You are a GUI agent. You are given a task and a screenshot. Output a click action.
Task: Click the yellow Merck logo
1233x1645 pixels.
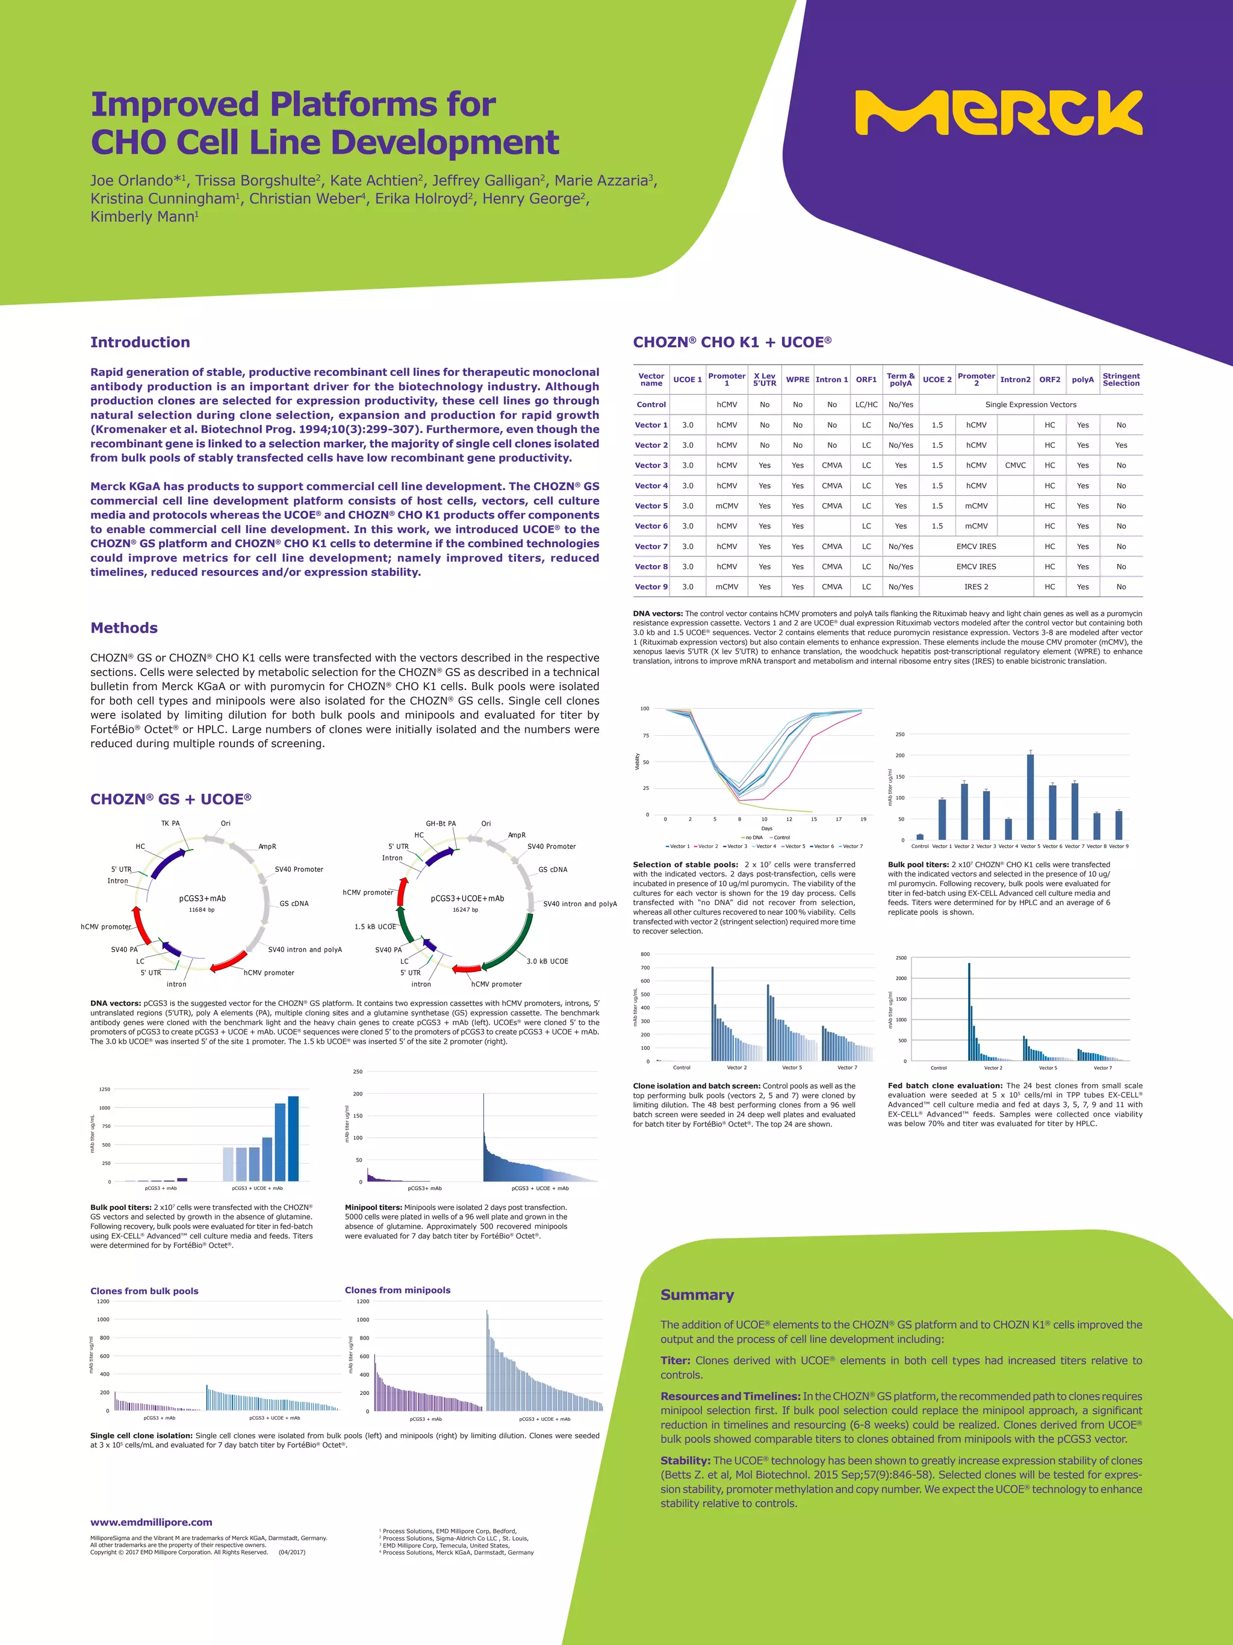(998, 113)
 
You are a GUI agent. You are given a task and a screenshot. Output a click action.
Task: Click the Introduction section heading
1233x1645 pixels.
(140, 342)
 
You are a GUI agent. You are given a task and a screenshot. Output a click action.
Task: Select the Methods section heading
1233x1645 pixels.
(123, 628)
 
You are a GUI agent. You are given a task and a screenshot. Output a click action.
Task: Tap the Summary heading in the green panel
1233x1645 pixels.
(697, 1295)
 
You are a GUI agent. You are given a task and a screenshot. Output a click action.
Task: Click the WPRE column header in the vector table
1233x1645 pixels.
(798, 379)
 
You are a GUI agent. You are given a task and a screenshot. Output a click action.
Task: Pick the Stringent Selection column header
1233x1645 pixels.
(1121, 379)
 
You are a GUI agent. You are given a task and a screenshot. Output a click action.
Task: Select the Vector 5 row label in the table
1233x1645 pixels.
(650, 506)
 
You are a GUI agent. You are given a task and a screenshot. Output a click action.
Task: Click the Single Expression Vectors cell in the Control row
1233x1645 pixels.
(1030, 404)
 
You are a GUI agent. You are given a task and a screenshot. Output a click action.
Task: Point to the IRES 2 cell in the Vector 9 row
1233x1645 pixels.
(976, 587)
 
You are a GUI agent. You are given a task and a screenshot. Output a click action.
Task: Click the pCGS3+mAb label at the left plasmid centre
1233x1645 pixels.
(202, 898)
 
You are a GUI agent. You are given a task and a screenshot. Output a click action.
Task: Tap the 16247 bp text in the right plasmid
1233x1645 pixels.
(465, 909)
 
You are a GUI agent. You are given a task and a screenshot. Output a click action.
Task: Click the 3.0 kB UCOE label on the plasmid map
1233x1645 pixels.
(547, 961)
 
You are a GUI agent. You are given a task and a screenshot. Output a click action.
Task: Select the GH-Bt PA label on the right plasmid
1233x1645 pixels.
(441, 823)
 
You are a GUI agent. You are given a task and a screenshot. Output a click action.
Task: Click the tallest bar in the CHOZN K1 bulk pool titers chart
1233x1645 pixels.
(1030, 797)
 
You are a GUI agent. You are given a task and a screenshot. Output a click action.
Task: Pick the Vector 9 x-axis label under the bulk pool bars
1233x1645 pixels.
(1118, 846)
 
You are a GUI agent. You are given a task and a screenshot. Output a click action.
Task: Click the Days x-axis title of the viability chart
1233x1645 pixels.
(766, 829)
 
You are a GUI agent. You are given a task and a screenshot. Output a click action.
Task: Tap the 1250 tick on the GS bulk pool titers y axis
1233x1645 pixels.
(104, 1089)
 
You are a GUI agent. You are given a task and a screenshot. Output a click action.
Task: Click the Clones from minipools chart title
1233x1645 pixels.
(397, 1290)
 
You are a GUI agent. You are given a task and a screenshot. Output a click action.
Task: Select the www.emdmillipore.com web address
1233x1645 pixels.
(151, 1522)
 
